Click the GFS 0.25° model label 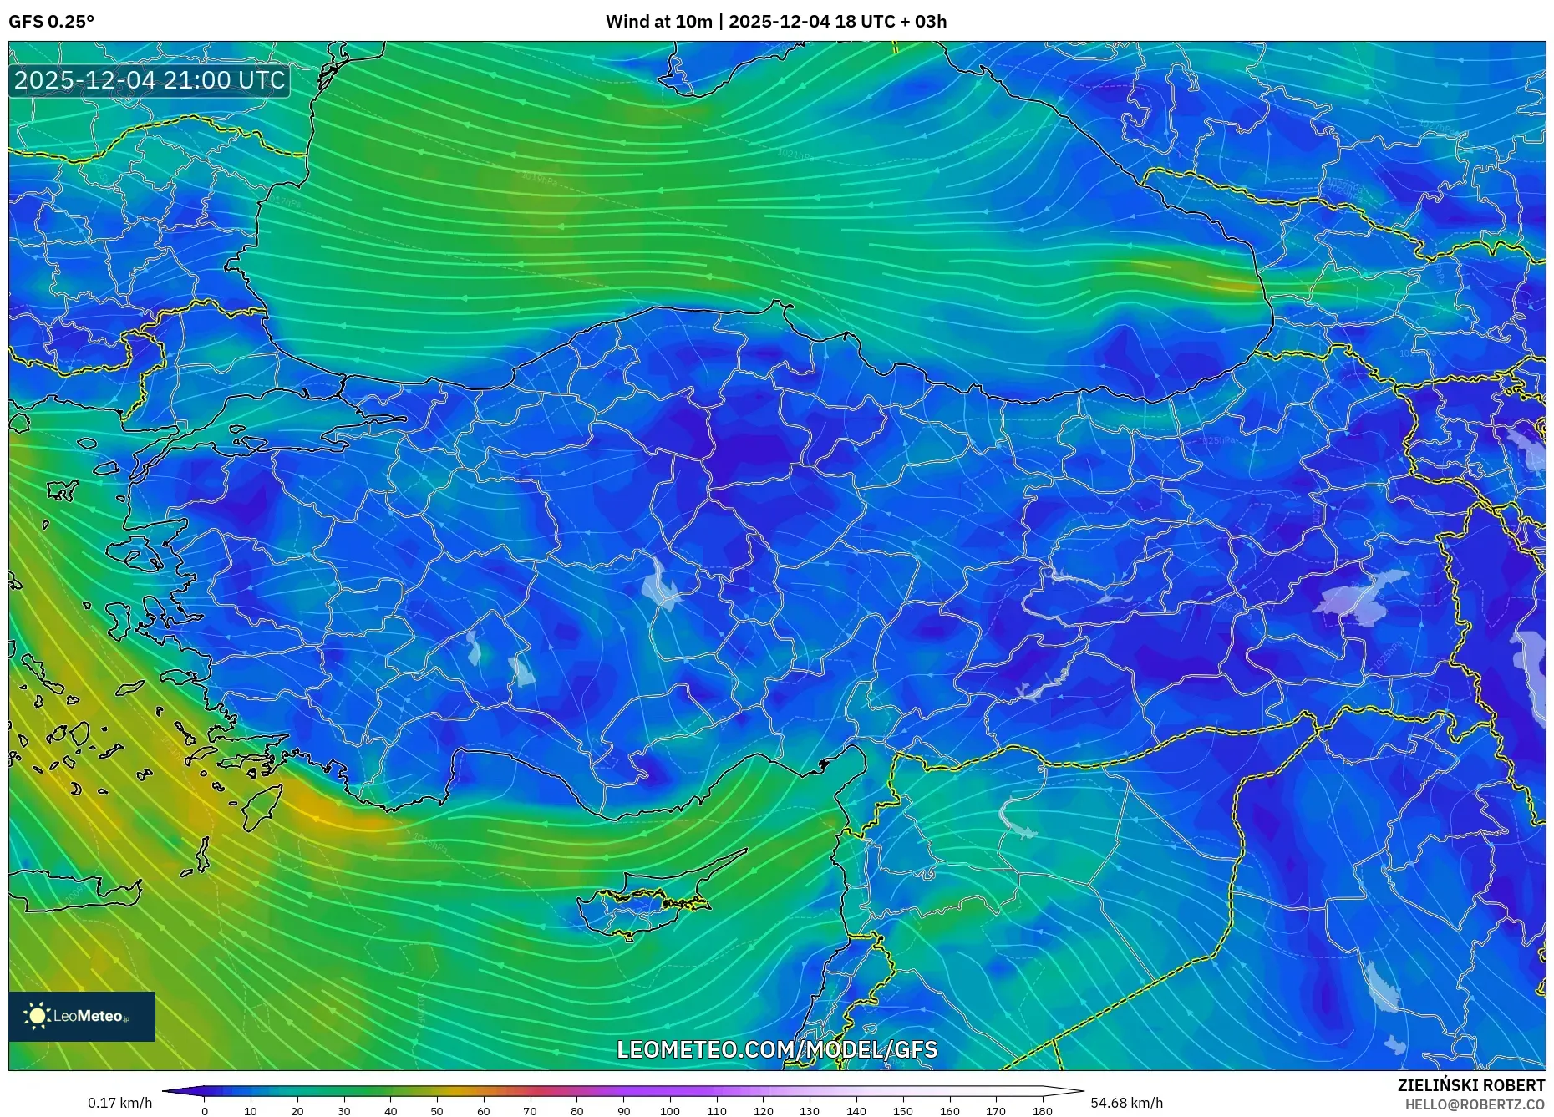click(x=51, y=22)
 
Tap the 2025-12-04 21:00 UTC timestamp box click(x=150, y=80)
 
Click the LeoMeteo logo click(x=82, y=1016)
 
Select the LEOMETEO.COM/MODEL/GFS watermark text click(x=777, y=1049)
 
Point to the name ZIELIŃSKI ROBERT click(x=1470, y=1085)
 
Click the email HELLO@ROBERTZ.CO click(x=1474, y=1104)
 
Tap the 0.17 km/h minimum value click(x=120, y=1103)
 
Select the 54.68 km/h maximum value click(x=1126, y=1103)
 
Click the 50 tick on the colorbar click(x=437, y=1111)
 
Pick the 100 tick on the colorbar click(x=670, y=1111)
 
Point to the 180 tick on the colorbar click(x=1042, y=1111)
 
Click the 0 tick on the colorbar click(x=205, y=1111)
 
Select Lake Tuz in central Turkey click(x=662, y=586)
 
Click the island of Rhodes click(x=262, y=805)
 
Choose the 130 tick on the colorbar click(x=810, y=1111)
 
